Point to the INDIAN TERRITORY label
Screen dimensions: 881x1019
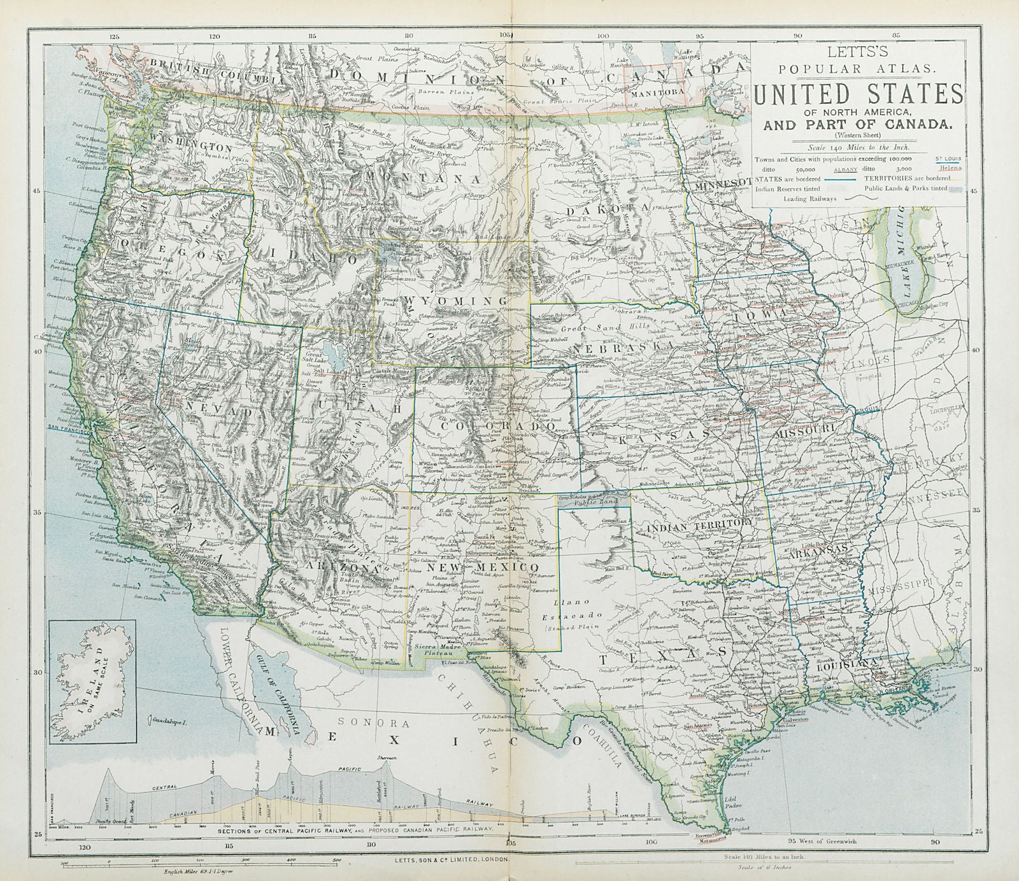point(695,526)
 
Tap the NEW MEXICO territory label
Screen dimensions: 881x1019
point(485,566)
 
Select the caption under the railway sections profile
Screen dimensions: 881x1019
point(353,830)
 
